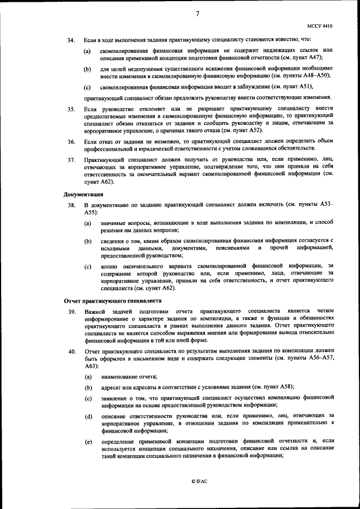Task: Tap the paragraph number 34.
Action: click(71, 41)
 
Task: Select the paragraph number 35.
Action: click(71, 108)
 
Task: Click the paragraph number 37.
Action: click(71, 160)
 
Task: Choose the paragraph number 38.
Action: click(71, 206)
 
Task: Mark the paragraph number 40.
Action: click(71, 352)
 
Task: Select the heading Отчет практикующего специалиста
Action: click(110, 300)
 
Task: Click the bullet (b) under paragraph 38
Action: click(88, 241)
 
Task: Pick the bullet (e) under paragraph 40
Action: click(88, 442)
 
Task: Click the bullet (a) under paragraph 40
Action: click(88, 376)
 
